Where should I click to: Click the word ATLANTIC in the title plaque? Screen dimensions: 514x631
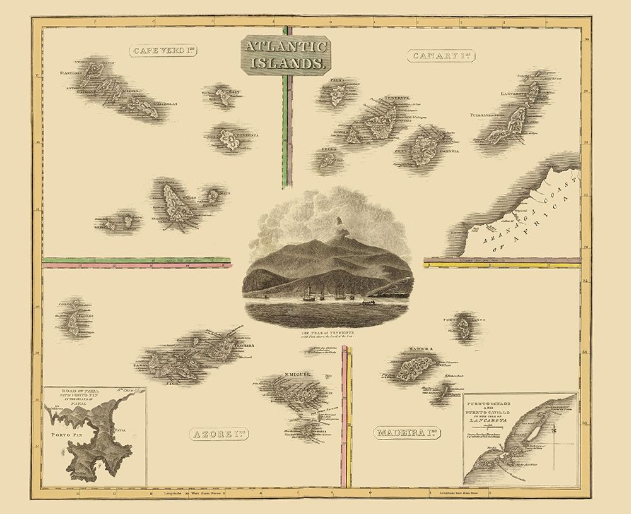pyautogui.click(x=285, y=47)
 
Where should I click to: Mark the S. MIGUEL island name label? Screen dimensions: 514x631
pyautogui.click(x=300, y=375)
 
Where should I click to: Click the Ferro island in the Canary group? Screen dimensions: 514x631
pyautogui.click(x=327, y=160)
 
